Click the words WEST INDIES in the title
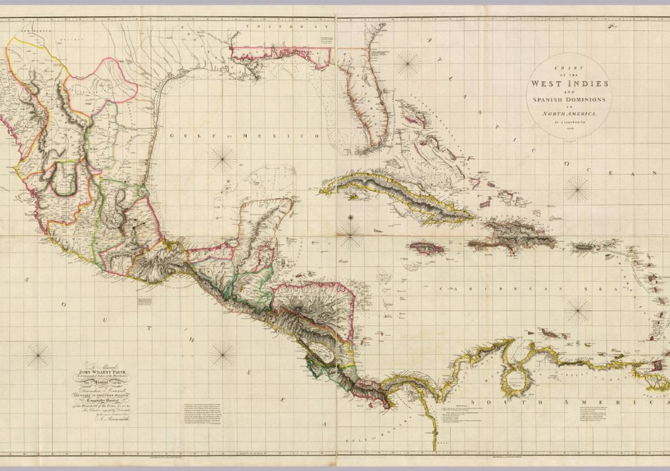570,84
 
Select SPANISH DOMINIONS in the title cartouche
569,99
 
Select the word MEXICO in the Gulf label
286,136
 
